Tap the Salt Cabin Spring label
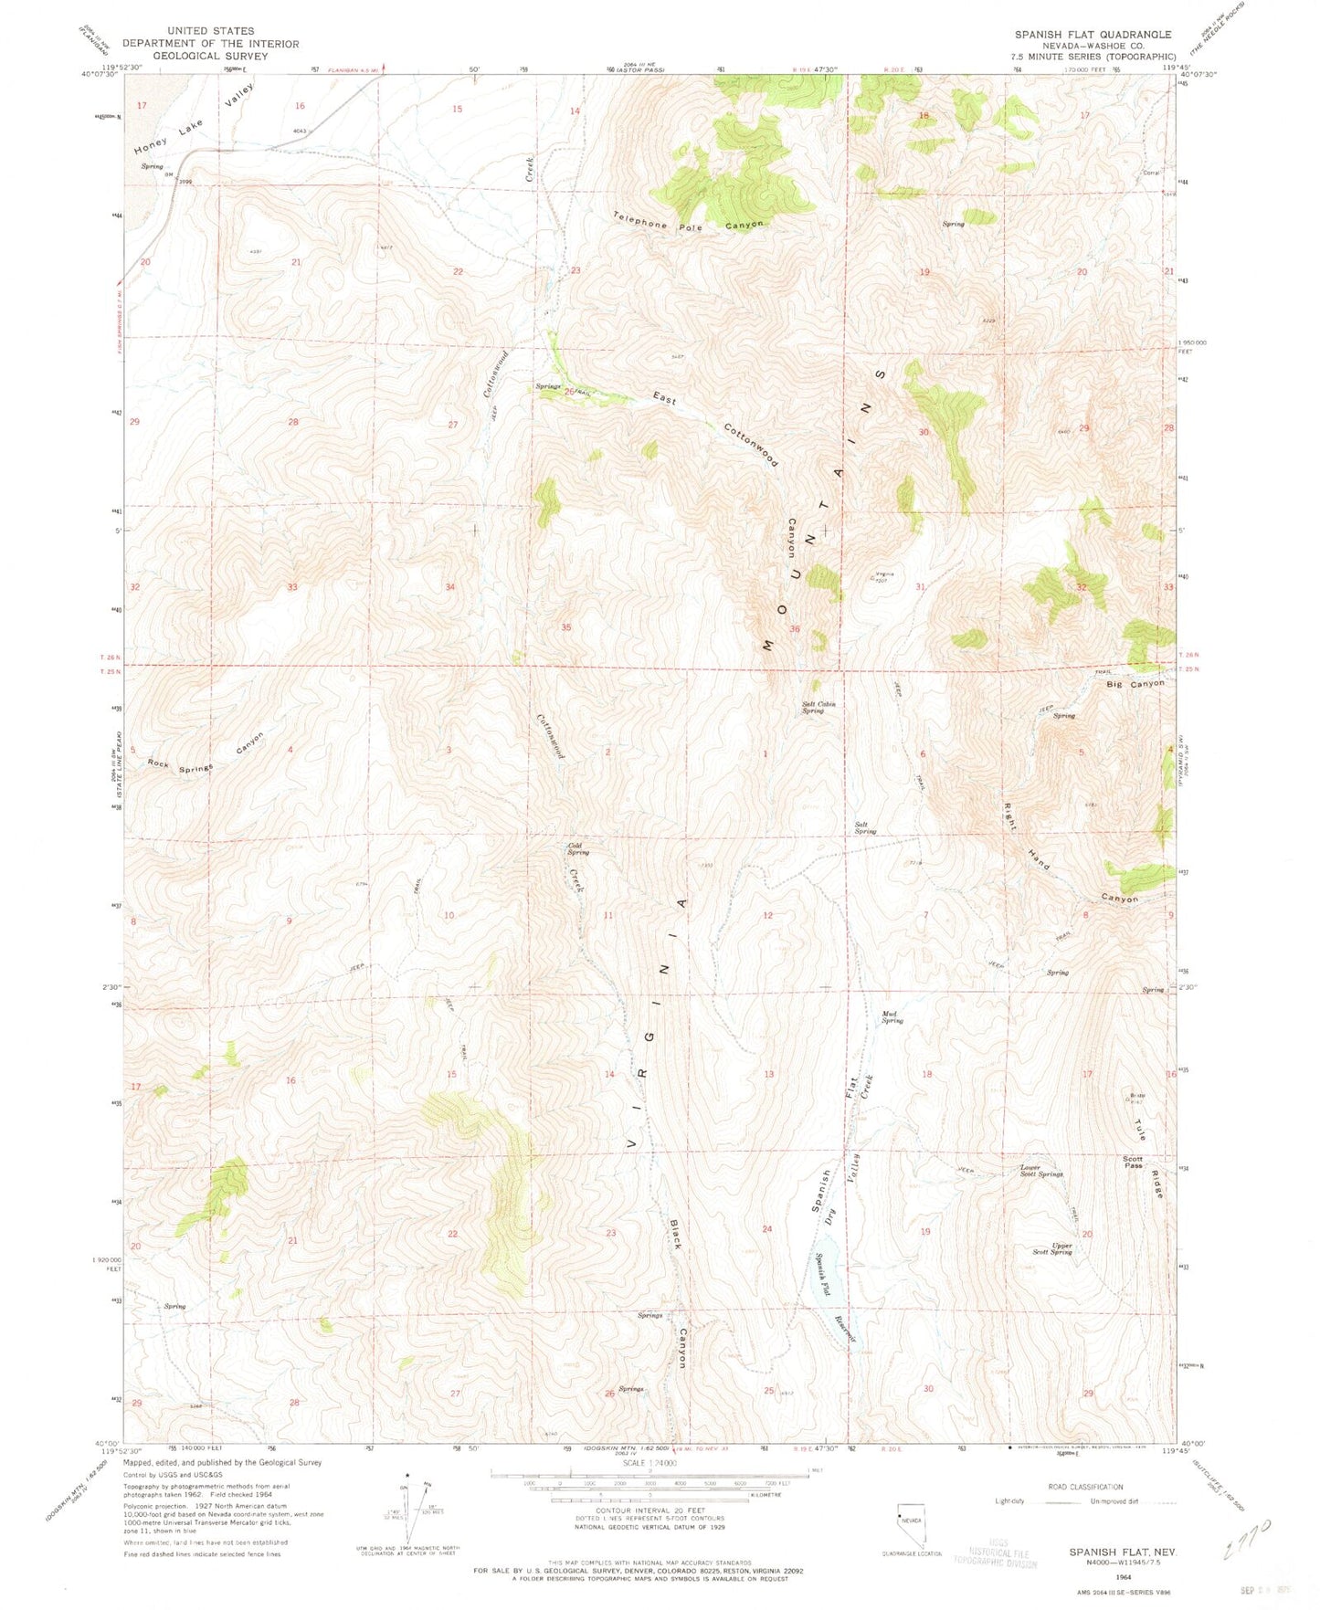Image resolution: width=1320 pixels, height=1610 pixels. (x=818, y=708)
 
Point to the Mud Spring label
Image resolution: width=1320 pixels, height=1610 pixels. (x=891, y=1017)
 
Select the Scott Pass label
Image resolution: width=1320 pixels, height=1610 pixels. (x=1133, y=1163)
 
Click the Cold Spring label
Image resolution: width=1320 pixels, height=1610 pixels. (x=577, y=848)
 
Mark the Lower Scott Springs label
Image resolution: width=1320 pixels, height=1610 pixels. (x=1041, y=1171)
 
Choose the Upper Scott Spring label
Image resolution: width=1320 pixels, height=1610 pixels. (x=1050, y=1248)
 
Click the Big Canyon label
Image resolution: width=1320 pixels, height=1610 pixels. (x=1135, y=684)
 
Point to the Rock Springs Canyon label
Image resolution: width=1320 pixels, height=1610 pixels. (x=206, y=754)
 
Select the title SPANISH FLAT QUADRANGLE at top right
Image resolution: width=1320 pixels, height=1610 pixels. (x=1093, y=35)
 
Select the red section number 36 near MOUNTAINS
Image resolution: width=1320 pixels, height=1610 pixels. (x=795, y=629)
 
